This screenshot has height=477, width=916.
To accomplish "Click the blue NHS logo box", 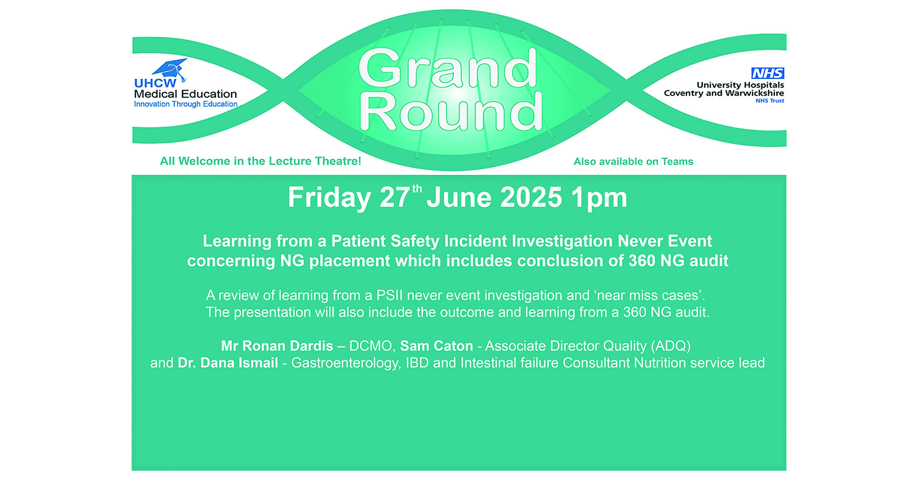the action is click(768, 73).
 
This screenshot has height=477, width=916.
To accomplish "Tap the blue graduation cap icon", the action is click(170, 69).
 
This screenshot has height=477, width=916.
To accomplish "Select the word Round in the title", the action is click(451, 112).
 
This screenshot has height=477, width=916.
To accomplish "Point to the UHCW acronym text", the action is click(155, 83).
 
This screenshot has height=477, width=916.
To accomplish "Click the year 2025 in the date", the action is click(531, 197).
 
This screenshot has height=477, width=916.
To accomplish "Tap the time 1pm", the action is click(599, 198).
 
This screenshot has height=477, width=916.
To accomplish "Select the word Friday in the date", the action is click(329, 198).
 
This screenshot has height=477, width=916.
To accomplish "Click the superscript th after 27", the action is click(417, 189).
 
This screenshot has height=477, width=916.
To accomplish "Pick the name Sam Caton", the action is click(437, 346).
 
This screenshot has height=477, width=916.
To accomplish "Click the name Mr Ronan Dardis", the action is click(277, 346).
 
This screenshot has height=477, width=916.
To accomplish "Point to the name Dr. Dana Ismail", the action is click(228, 363).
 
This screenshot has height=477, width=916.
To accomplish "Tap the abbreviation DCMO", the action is click(371, 346).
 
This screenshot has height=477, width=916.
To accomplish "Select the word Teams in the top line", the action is click(677, 162).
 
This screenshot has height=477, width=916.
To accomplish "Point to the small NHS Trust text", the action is click(770, 101).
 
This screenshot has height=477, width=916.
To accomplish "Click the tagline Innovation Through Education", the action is click(186, 104).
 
